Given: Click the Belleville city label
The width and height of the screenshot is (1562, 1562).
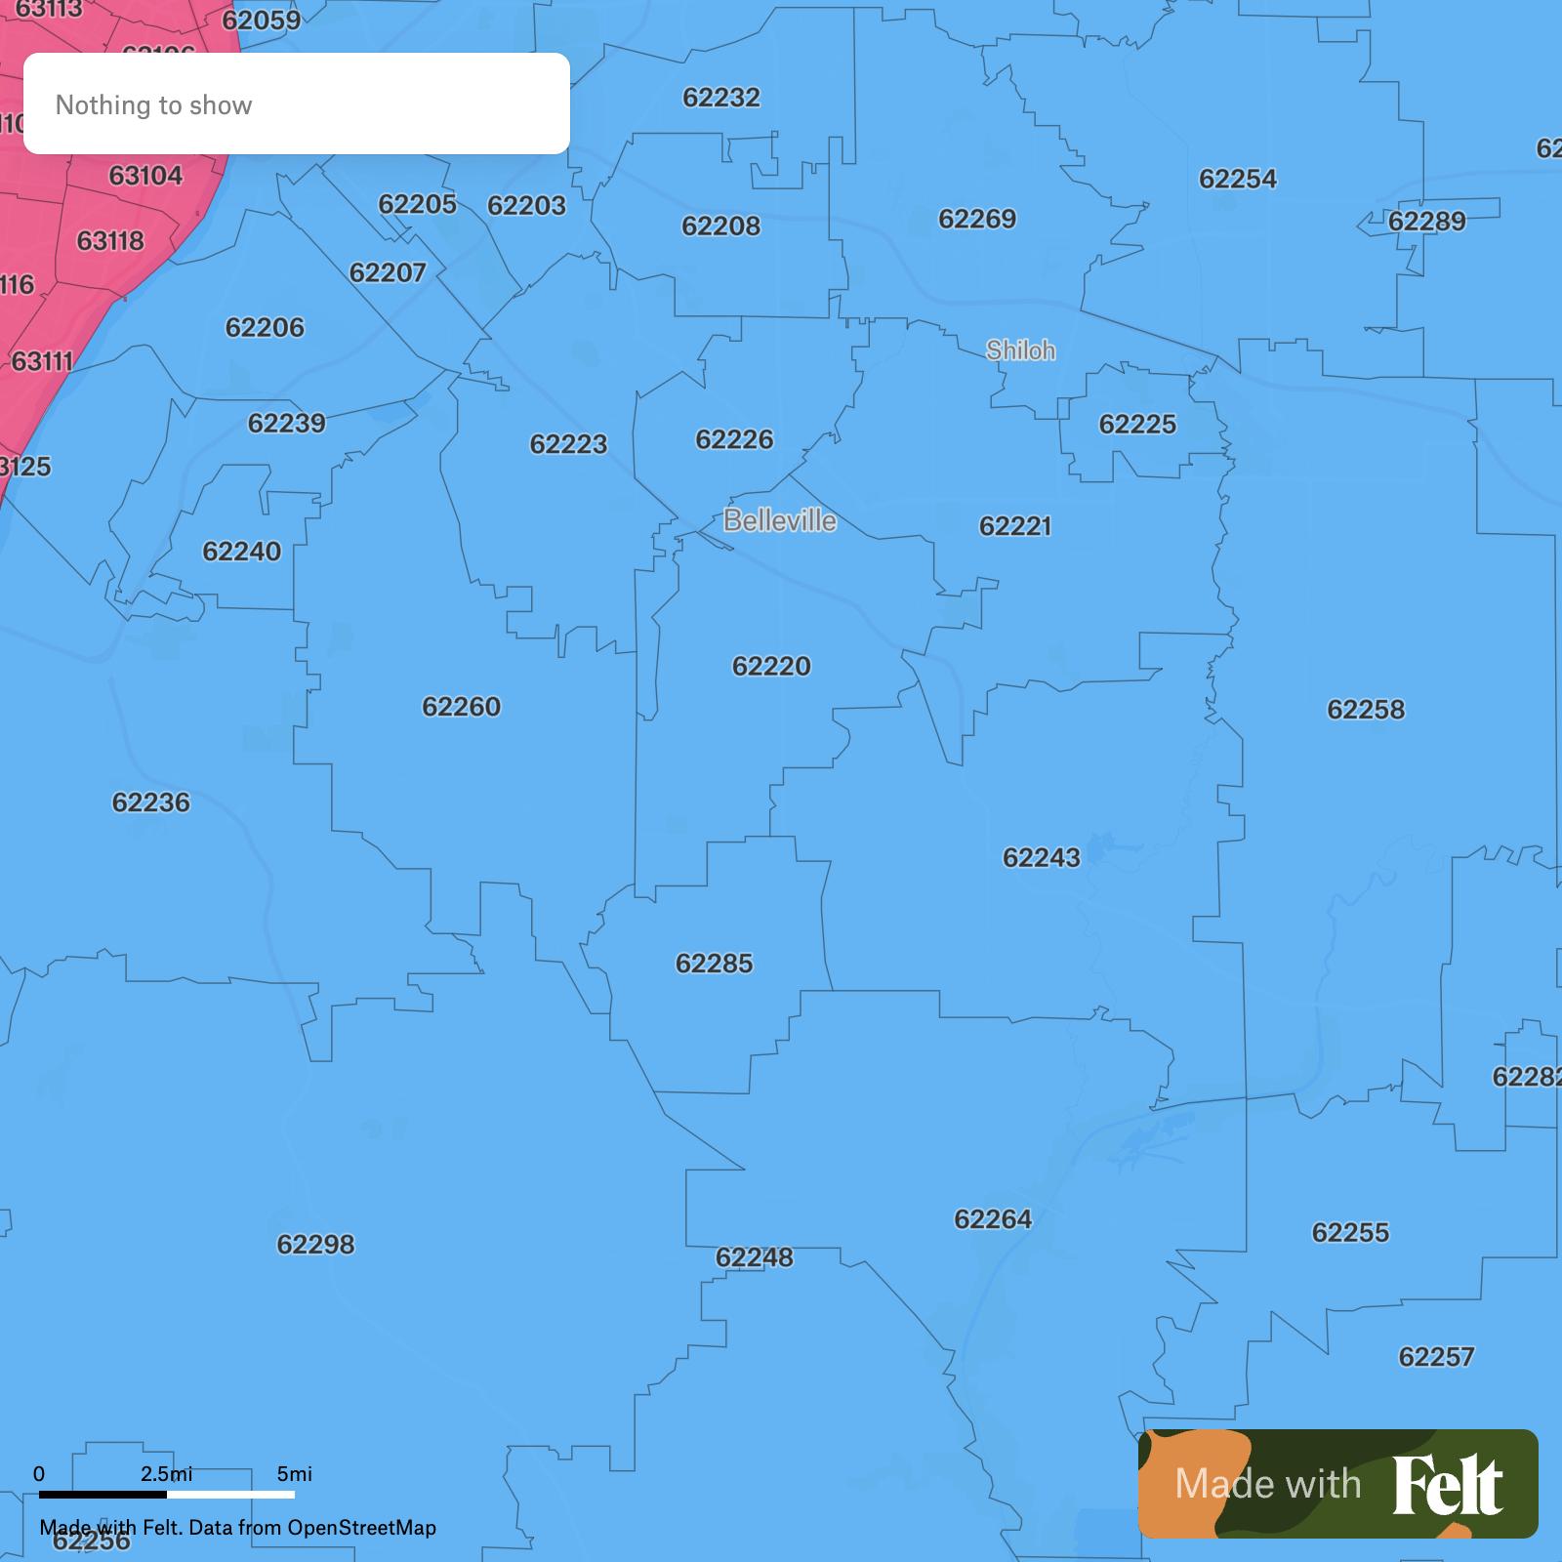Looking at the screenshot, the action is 780,520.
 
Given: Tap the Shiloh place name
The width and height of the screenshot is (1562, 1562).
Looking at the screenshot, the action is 1020,349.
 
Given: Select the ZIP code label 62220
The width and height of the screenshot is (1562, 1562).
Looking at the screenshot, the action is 771,666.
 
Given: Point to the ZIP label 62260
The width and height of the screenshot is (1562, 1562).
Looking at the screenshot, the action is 461,706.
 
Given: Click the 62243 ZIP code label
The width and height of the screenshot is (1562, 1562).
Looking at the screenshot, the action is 1041,857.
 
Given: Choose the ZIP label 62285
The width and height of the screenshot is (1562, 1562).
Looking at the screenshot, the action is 714,964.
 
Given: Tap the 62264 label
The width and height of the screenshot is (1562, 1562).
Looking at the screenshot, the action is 993,1218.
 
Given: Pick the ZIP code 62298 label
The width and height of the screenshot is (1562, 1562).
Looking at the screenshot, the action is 315,1244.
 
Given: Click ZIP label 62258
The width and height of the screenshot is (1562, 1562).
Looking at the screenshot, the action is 1366,709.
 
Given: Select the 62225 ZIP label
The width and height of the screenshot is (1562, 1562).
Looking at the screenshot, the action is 1137,424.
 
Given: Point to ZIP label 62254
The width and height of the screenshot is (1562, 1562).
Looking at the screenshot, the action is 1237,179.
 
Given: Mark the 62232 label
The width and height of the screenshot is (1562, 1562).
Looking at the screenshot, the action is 720,97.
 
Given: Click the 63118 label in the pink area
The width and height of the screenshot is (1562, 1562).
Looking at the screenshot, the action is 110,240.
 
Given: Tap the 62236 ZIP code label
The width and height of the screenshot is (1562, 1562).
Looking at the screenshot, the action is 150,802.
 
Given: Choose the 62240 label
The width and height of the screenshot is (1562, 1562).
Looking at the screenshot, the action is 241,552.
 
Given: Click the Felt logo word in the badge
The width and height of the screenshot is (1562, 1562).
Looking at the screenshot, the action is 1448,1485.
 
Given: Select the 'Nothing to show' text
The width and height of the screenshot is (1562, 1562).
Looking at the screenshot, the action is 153,104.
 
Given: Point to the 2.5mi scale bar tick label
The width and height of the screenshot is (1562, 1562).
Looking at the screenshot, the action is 166,1473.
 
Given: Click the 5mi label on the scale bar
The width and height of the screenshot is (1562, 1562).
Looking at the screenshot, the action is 294,1473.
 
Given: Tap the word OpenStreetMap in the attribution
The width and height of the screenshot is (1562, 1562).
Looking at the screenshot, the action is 361,1527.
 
